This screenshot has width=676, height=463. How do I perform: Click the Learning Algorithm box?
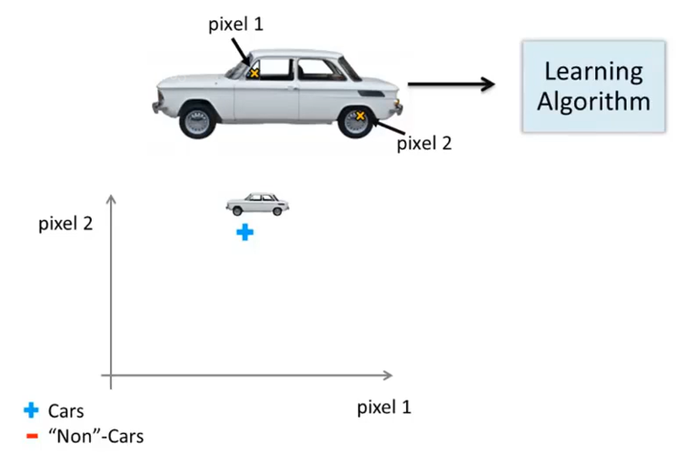pyautogui.click(x=593, y=86)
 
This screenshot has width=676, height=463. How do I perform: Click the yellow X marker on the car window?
pyautogui.click(x=255, y=72)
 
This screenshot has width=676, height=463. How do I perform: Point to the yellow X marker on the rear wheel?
pyautogui.click(x=361, y=116)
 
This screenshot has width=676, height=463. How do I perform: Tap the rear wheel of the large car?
pyautogui.click(x=358, y=119)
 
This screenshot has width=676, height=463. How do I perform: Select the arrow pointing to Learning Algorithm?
pyautogui.click(x=451, y=85)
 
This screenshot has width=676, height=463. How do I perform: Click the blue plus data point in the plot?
pyautogui.click(x=244, y=233)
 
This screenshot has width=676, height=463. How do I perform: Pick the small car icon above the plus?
pyautogui.click(x=257, y=204)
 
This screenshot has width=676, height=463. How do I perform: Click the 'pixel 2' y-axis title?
pyautogui.click(x=65, y=224)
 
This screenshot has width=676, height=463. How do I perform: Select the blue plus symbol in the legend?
pyautogui.click(x=32, y=410)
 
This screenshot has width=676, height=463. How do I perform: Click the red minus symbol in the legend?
pyautogui.click(x=32, y=436)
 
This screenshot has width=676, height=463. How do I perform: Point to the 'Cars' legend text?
pyautogui.click(x=65, y=411)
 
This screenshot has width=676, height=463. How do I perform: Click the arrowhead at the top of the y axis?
pyautogui.click(x=111, y=198)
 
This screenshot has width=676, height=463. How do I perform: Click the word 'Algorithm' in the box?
pyautogui.click(x=593, y=100)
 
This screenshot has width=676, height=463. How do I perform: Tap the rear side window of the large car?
pyautogui.click(x=316, y=69)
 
